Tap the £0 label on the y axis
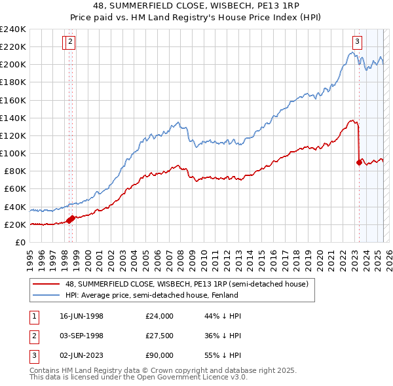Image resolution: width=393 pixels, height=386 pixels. point(21,243)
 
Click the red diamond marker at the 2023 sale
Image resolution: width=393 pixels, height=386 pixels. point(359,162)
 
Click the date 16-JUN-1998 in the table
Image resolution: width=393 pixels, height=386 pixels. point(81,316)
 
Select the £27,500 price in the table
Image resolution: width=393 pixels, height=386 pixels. point(160,336)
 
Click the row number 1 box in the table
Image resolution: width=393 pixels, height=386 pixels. point(33,316)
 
